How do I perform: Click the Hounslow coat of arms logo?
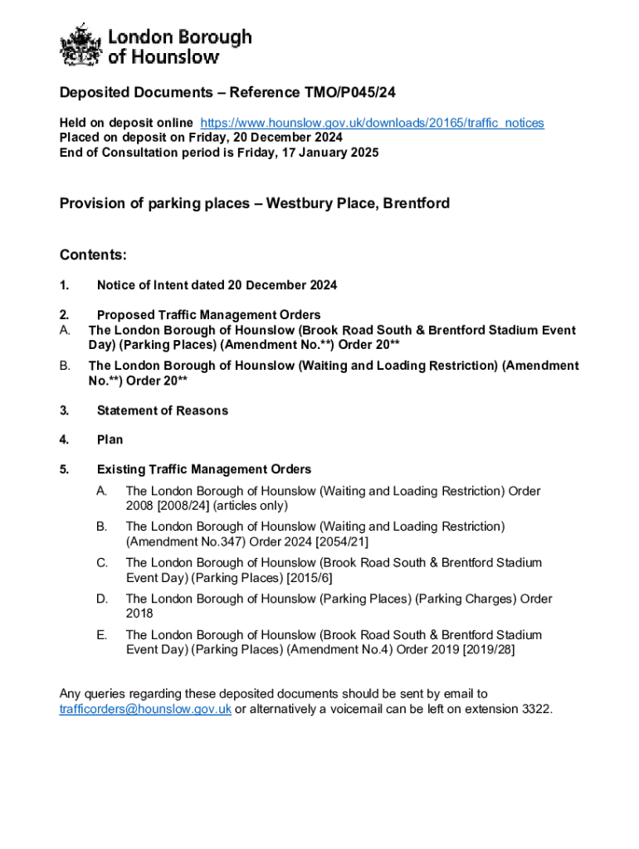(80, 46)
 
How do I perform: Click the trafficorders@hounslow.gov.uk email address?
(145, 709)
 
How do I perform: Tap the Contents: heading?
(92, 255)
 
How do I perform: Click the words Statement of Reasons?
(162, 410)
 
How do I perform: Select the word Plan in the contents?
(110, 440)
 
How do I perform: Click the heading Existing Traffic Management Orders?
(204, 469)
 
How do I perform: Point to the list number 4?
(64, 440)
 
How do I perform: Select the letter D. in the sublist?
(102, 599)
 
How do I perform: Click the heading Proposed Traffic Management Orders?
(208, 315)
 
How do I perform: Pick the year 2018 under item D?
(139, 614)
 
